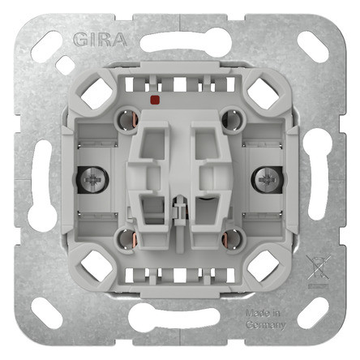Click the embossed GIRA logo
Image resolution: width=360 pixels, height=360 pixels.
(100, 40)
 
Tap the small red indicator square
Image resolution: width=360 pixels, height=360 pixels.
(154, 100)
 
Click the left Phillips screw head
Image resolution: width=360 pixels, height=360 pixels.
(92, 179)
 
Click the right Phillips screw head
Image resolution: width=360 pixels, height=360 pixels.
(267, 179)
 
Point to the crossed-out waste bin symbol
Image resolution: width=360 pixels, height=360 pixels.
(319, 268)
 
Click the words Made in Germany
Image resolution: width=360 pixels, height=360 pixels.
(266, 319)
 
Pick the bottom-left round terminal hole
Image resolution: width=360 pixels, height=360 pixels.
(126, 239)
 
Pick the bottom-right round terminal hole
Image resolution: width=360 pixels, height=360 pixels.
(233, 239)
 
